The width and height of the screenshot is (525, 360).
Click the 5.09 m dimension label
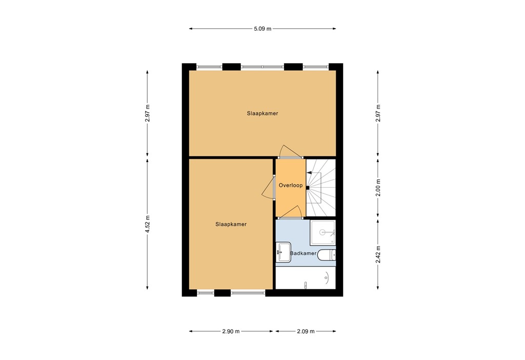coord(262,29)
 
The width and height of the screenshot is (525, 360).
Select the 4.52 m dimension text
coord(148,224)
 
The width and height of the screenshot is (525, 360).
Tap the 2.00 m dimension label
coord(378,188)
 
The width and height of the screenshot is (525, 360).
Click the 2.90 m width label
coord(231,331)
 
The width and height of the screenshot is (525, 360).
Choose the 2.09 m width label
coord(306,331)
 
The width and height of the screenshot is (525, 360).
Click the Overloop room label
coord(291,186)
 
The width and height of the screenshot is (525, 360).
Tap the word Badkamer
coord(302,253)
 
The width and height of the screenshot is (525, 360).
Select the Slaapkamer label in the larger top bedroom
coord(262,113)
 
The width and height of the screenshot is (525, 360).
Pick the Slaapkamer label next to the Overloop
coord(231,224)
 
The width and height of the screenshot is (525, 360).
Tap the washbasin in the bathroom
coord(283,252)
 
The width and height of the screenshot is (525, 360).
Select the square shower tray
coord(323,233)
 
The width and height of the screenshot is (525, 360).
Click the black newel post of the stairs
coord(308,188)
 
